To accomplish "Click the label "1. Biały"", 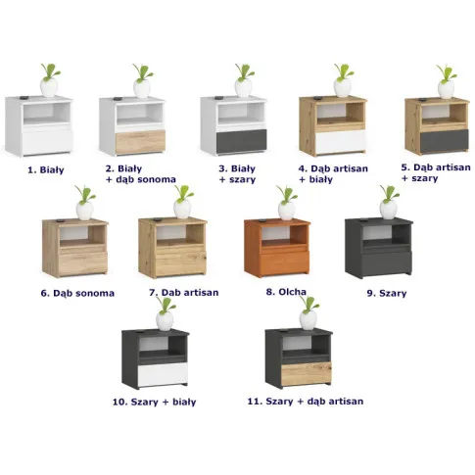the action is point(45,170).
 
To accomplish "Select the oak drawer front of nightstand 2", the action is point(140,142).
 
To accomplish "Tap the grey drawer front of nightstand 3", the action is point(242,141).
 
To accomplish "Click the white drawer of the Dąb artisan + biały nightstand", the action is point(341,142).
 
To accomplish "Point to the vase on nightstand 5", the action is point(446,89).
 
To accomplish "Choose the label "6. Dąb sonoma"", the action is point(77,293).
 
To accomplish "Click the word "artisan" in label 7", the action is point(199,293).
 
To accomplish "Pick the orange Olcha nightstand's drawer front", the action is point(284,263).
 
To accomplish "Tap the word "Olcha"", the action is point(292,292).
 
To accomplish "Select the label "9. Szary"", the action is point(387,293).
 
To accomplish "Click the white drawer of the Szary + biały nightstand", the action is point(163,374).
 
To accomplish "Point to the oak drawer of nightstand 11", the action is point(307,373).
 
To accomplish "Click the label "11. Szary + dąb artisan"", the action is point(306,402).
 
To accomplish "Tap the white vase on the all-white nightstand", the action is point(49,87).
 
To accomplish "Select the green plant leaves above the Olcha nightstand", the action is point(287,194).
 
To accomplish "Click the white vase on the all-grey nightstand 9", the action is point(389,210).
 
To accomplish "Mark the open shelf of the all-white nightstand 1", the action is point(47,113).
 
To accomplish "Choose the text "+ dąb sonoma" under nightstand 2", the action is point(141,179).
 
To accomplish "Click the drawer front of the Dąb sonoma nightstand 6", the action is point(83,263).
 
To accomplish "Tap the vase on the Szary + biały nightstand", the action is point(165,320).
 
